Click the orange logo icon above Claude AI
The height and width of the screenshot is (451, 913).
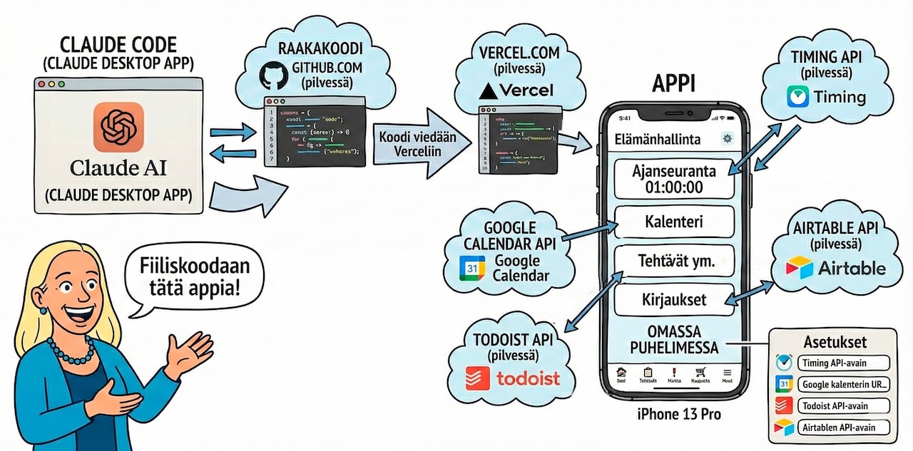(118, 127)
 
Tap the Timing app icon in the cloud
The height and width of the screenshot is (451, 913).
(797, 97)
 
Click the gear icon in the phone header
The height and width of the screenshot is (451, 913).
(727, 139)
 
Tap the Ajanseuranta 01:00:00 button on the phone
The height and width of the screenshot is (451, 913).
(673, 179)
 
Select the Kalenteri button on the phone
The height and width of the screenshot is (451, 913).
(673, 222)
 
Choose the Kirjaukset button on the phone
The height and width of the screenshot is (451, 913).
(673, 299)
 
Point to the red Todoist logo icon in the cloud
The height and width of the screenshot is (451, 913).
(476, 377)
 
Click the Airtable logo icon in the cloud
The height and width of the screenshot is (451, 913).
(799, 268)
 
